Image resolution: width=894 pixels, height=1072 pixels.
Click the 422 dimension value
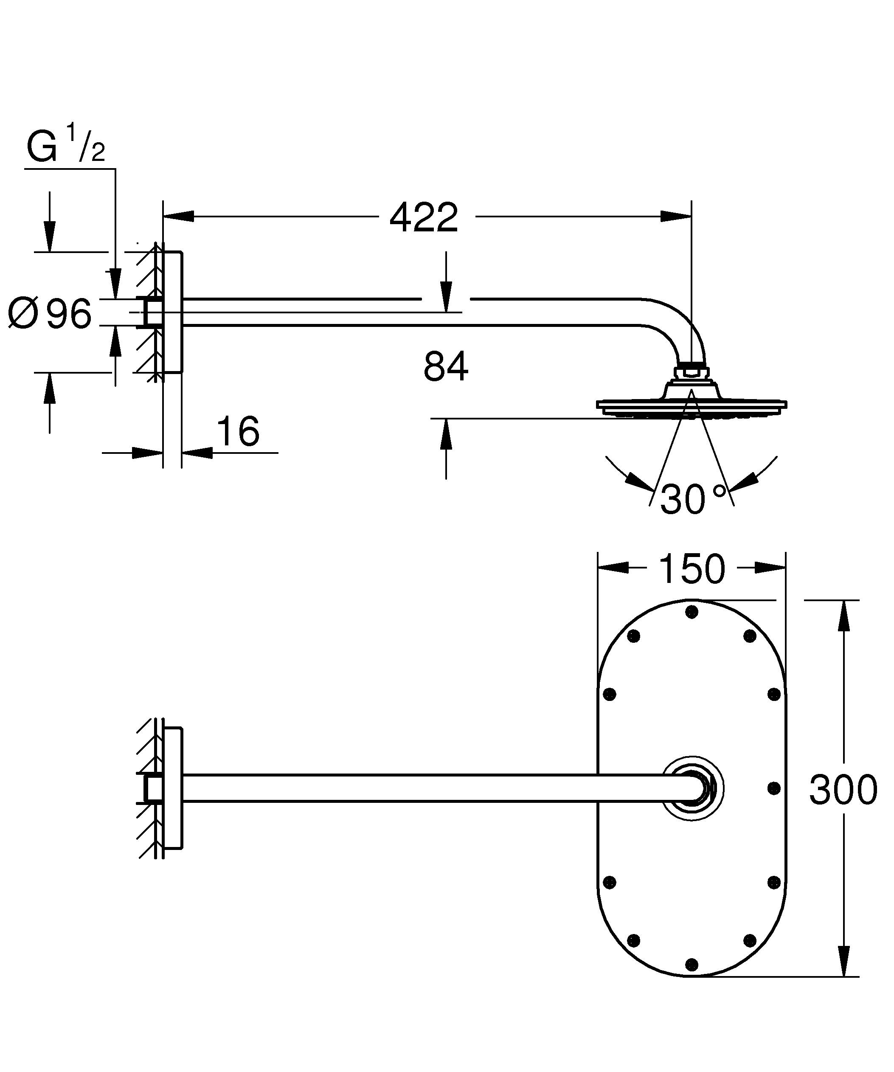(x=424, y=217)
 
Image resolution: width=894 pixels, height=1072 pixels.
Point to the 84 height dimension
(x=445, y=366)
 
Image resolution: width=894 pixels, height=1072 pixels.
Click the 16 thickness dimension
(x=238, y=431)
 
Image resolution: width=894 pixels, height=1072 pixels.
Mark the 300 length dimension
(x=843, y=789)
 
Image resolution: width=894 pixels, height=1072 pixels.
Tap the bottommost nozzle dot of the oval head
(x=692, y=964)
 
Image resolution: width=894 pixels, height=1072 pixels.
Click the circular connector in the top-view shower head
(x=693, y=789)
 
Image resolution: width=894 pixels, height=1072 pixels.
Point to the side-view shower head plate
(x=692, y=405)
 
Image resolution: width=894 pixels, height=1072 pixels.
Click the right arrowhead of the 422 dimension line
(x=677, y=217)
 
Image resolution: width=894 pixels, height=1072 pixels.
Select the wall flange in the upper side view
(x=173, y=312)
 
